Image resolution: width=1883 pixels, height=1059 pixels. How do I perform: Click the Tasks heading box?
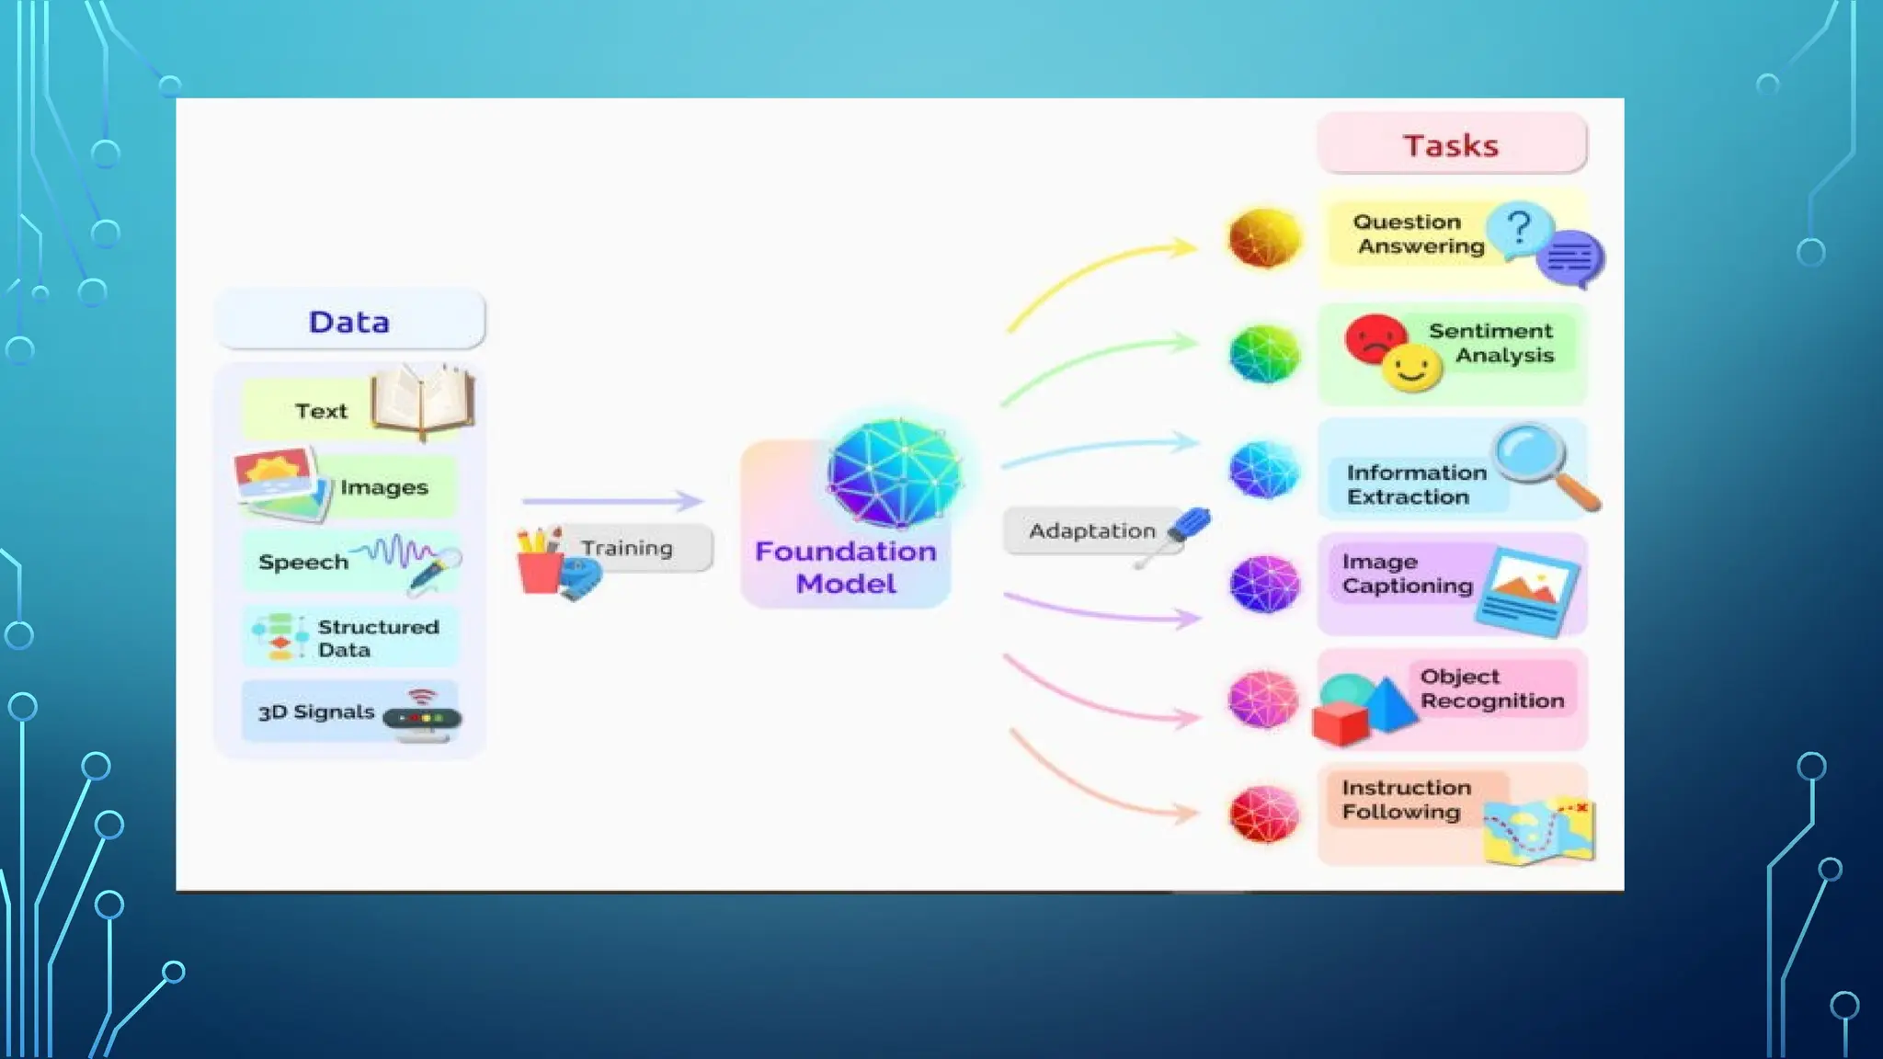pyautogui.click(x=1451, y=144)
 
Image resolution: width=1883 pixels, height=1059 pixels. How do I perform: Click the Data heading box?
pyautogui.click(x=349, y=321)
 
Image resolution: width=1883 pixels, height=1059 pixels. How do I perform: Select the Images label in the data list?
pyautogui.click(x=384, y=487)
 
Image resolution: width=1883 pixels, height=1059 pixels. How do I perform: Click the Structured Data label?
pyautogui.click(x=377, y=637)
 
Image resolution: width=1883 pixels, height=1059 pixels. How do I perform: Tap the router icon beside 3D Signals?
pyautogui.click(x=423, y=715)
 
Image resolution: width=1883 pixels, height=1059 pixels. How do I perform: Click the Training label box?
pyautogui.click(x=628, y=548)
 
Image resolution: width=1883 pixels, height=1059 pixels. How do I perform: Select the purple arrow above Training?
pyautogui.click(x=611, y=501)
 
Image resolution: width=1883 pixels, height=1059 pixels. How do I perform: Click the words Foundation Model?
pyautogui.click(x=845, y=567)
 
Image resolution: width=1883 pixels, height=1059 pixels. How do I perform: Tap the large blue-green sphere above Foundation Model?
pyautogui.click(x=893, y=473)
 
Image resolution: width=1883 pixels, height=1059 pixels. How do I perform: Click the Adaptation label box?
pyautogui.click(x=1091, y=530)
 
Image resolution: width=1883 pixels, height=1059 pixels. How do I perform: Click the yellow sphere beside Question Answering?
pyautogui.click(x=1265, y=237)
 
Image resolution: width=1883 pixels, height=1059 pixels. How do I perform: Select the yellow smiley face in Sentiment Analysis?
pyautogui.click(x=1411, y=369)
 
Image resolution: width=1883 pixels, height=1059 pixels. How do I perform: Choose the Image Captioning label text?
pyautogui.click(x=1407, y=574)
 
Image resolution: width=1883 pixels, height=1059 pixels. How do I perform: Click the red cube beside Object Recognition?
pyautogui.click(x=1341, y=723)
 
